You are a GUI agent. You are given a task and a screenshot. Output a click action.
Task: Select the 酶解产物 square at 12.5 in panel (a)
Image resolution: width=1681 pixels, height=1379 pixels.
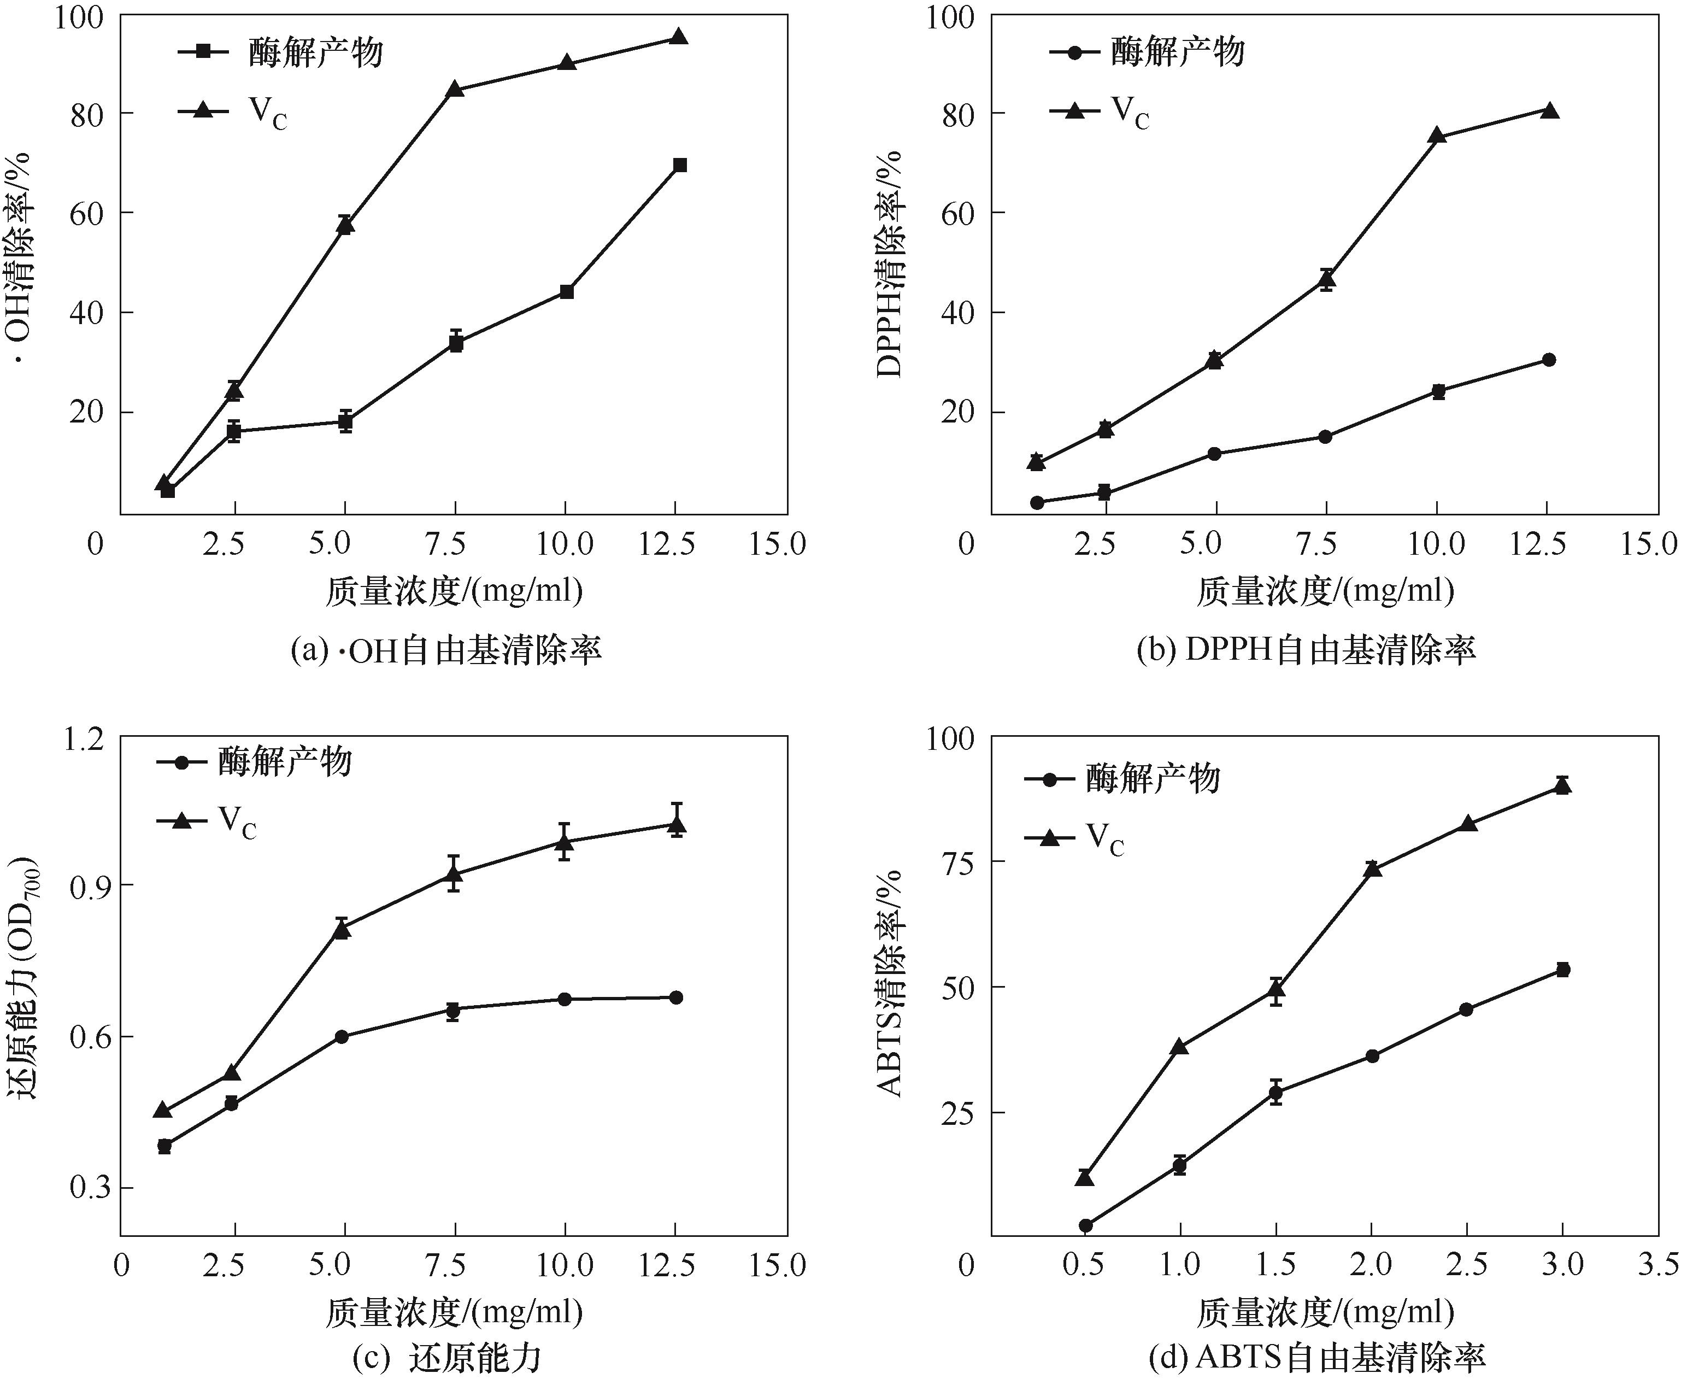(x=679, y=165)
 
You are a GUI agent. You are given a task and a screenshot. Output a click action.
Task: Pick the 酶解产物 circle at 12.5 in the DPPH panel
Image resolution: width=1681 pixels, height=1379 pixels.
(x=1548, y=360)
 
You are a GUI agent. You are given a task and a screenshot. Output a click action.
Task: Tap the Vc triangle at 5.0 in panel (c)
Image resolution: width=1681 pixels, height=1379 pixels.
(x=342, y=929)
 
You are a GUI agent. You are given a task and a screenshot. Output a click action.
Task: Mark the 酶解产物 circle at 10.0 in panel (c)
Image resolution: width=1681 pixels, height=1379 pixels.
(x=565, y=999)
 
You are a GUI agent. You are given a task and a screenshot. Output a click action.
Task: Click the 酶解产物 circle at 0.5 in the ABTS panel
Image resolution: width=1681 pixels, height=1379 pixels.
(x=1085, y=1225)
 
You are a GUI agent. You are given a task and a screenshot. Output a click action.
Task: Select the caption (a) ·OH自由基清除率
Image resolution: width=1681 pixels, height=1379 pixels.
(x=446, y=650)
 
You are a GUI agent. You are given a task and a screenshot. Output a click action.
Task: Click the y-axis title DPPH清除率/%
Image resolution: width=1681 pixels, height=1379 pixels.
(x=889, y=262)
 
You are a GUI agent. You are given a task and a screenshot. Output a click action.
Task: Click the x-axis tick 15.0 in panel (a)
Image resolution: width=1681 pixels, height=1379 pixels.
(x=777, y=544)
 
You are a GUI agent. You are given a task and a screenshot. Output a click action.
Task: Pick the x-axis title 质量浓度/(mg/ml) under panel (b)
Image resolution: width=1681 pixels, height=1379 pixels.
(x=1325, y=591)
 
